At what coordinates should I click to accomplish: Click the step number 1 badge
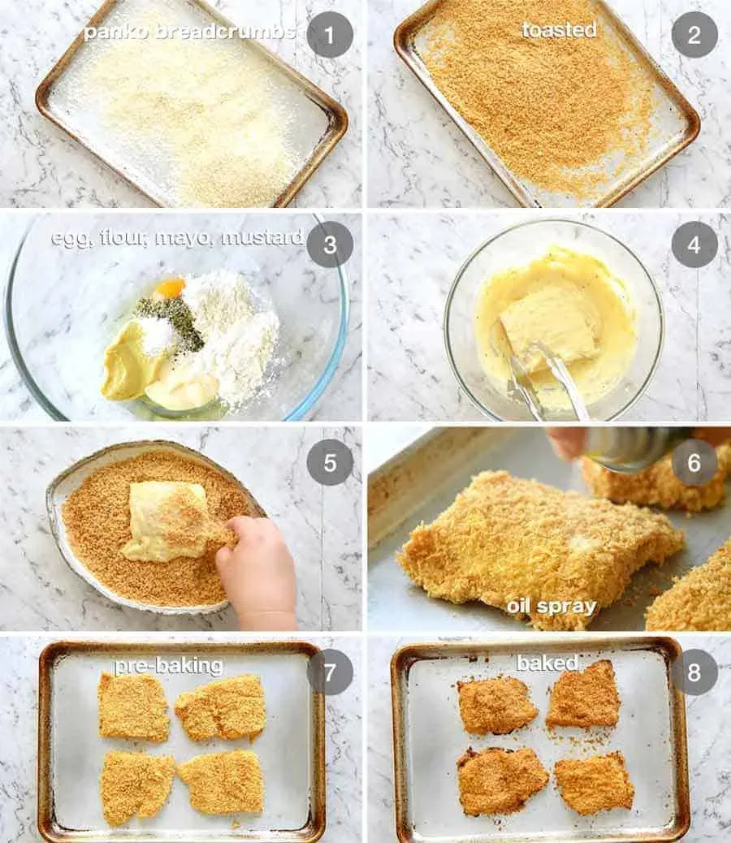click(330, 35)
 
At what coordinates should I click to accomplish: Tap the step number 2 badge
click(694, 35)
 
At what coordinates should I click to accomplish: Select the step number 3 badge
click(330, 244)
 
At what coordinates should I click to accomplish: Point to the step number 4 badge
click(694, 244)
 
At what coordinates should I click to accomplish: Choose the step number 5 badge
click(330, 462)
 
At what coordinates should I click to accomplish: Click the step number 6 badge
click(694, 462)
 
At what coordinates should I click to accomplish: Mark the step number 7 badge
click(330, 672)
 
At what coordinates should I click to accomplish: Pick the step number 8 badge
click(694, 672)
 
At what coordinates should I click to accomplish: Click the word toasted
click(559, 29)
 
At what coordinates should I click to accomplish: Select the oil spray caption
click(551, 607)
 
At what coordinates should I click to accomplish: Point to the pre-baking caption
click(168, 666)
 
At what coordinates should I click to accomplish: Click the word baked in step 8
click(547, 663)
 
